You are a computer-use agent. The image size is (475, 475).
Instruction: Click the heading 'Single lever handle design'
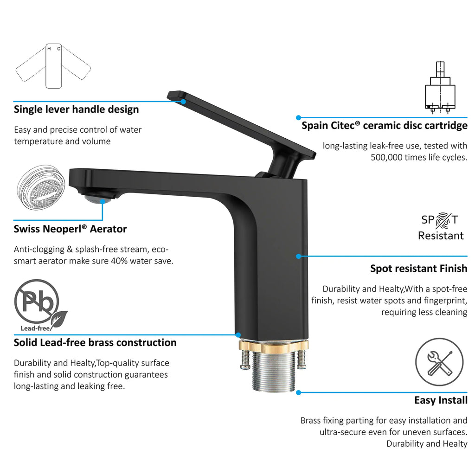click(x=77, y=109)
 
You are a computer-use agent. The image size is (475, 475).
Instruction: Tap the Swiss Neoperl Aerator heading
click(x=70, y=229)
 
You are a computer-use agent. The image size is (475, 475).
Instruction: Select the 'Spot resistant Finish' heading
click(x=419, y=269)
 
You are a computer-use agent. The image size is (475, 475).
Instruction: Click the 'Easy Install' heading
click(x=441, y=400)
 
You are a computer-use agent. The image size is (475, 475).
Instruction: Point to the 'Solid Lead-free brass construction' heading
click(x=95, y=343)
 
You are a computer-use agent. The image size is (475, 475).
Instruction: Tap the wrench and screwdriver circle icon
click(x=439, y=362)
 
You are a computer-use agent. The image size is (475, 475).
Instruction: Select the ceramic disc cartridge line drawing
click(x=440, y=87)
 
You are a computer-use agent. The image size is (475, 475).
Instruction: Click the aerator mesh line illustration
click(x=41, y=188)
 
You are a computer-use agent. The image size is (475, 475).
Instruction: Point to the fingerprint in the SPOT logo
click(x=443, y=220)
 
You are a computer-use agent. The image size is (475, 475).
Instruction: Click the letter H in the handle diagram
click(x=49, y=49)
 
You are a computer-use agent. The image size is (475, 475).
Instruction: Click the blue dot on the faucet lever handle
click(x=183, y=102)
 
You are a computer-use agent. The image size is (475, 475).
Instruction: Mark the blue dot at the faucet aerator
click(x=103, y=201)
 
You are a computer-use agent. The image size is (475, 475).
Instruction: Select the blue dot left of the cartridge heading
click(x=298, y=117)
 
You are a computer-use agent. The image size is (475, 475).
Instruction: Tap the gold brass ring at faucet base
click(x=274, y=347)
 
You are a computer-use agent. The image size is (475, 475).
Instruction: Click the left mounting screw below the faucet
click(x=245, y=360)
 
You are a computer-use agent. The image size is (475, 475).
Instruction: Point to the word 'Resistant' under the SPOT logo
click(x=441, y=236)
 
